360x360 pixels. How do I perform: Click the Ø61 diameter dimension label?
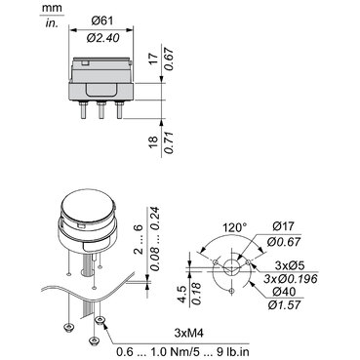click(x=101, y=21)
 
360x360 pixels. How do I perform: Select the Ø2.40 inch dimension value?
click(x=102, y=38)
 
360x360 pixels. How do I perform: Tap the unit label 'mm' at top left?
click(x=52, y=8)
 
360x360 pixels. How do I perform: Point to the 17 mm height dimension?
click(x=154, y=59)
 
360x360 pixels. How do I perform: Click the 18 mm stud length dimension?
click(x=154, y=142)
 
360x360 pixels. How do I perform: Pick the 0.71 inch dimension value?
click(x=169, y=142)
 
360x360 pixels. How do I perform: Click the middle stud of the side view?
click(x=101, y=110)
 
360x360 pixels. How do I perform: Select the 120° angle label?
click(x=234, y=227)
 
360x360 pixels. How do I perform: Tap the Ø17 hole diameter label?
click(x=284, y=225)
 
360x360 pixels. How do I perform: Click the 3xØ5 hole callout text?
click(x=290, y=265)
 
